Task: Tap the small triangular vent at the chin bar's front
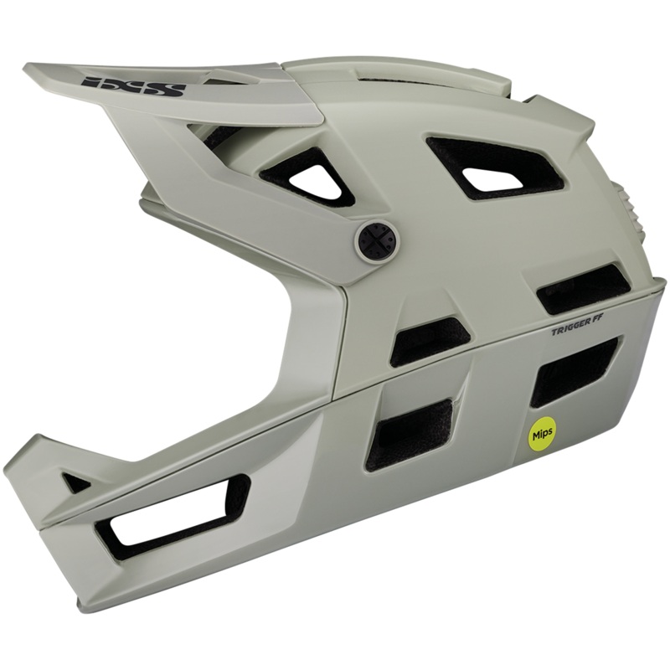coord(76,481)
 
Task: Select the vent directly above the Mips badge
coord(574,368)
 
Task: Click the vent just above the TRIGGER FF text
coord(583,287)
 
